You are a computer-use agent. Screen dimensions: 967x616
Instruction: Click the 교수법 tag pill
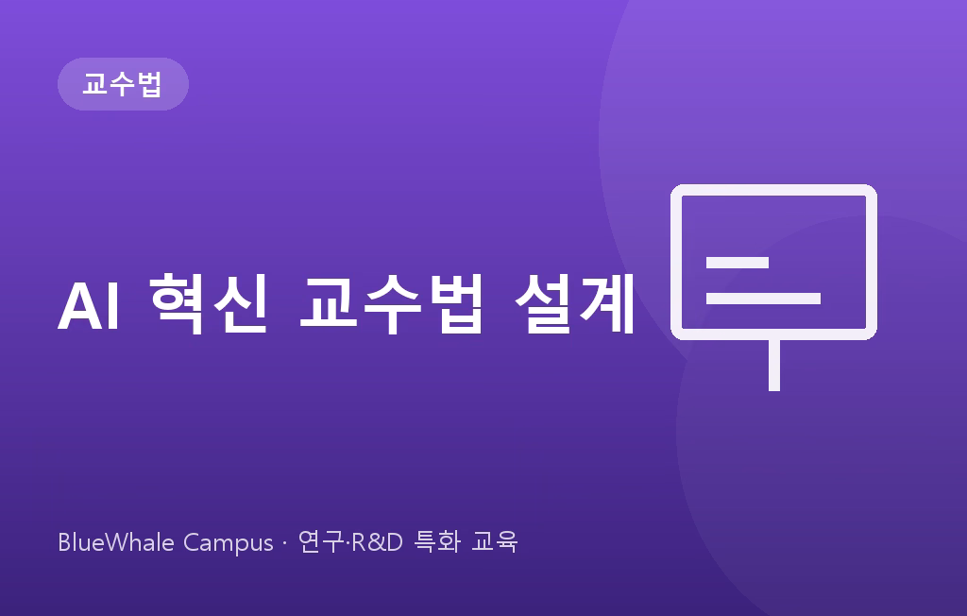(123, 84)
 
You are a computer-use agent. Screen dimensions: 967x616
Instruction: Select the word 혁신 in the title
(209, 303)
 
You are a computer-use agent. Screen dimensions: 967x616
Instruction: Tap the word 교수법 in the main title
(390, 303)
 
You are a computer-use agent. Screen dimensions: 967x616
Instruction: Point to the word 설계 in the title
(575, 303)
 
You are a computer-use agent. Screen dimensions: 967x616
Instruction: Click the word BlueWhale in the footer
(116, 542)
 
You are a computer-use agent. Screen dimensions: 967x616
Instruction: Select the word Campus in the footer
(229, 544)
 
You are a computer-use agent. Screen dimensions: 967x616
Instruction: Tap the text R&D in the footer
(377, 542)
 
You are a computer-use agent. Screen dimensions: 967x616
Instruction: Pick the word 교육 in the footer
(494, 542)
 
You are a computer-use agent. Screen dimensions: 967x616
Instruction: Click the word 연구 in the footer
(321, 542)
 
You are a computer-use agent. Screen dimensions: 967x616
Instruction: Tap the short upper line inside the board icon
(737, 263)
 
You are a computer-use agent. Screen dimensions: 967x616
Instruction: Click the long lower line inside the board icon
(763, 299)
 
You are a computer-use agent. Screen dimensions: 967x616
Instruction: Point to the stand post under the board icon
(774, 366)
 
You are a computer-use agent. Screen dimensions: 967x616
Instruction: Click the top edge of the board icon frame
(773, 190)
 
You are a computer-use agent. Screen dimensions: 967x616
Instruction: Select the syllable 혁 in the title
(178, 303)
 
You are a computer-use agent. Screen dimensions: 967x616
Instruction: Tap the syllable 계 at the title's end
(607, 303)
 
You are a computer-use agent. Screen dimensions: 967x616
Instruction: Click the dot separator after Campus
(284, 543)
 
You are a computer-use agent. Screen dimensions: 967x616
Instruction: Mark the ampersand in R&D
(376, 542)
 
